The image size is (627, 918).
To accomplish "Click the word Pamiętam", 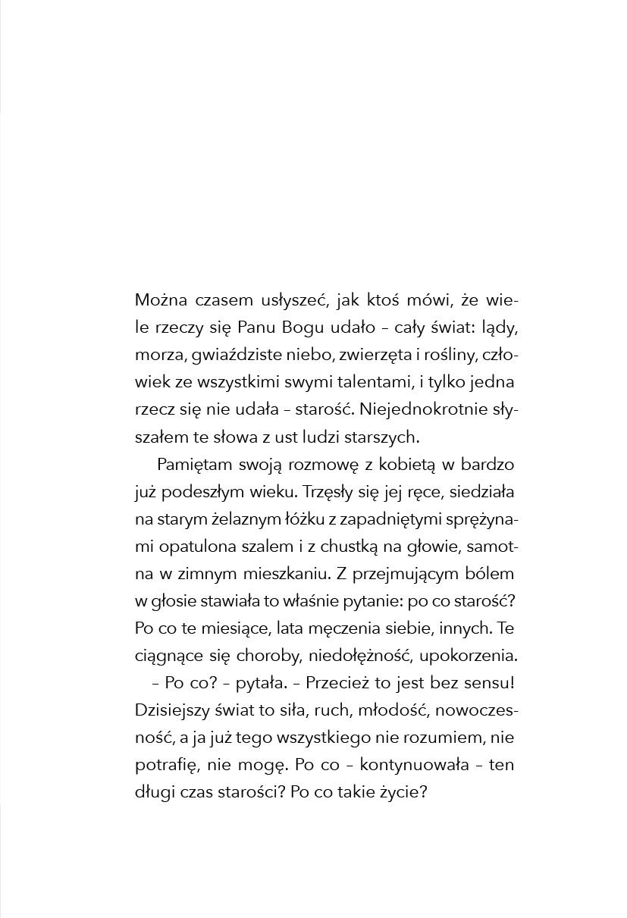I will [x=193, y=465].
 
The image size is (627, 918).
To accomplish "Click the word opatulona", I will [x=193, y=547].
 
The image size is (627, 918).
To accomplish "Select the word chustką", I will [x=356, y=547].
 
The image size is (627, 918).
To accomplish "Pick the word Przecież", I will [x=336, y=683].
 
